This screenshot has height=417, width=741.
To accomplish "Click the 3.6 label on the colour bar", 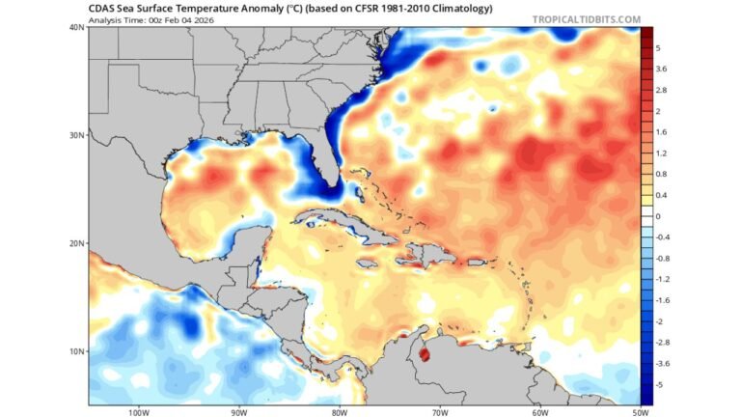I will pos(662,69).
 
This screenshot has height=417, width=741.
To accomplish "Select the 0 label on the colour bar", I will pos(658,216).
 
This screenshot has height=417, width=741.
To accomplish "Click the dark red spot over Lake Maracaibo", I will pos(425,355).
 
